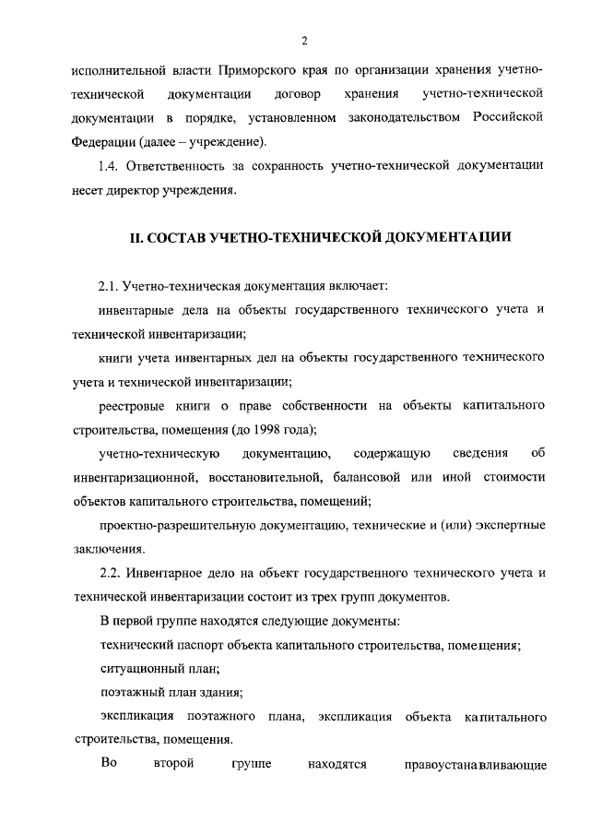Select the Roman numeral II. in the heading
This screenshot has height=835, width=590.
coord(134,237)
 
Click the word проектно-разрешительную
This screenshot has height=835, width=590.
coord(173,525)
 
